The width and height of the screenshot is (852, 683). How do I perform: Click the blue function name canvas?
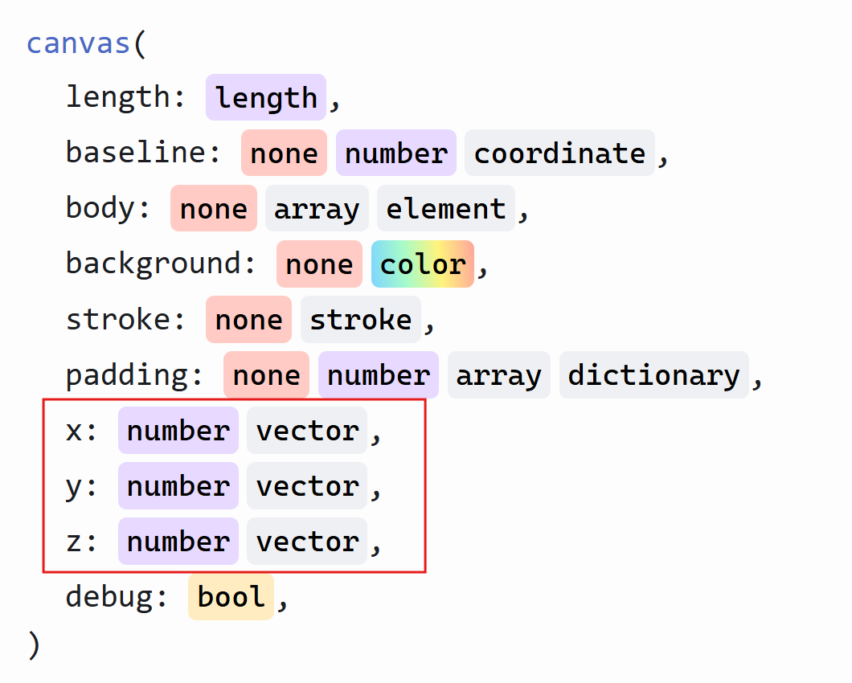[78, 43]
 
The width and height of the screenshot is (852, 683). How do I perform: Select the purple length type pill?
[266, 98]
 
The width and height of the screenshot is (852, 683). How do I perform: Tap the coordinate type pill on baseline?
[559, 153]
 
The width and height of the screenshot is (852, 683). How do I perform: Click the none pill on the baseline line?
[285, 153]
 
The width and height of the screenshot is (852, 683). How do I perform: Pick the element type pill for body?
[446, 209]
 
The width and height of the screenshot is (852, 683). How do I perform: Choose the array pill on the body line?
[317, 209]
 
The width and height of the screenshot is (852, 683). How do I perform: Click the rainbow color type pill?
[423, 264]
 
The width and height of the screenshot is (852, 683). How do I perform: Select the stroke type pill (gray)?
[361, 320]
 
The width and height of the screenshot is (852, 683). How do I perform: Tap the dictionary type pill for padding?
[654, 375]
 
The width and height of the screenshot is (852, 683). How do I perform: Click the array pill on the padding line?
[499, 375]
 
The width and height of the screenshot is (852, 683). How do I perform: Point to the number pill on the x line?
[178, 431]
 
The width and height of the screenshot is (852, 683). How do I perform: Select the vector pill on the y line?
[307, 486]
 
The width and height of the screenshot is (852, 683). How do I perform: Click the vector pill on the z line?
[307, 542]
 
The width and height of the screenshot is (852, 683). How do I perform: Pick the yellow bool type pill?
[231, 596]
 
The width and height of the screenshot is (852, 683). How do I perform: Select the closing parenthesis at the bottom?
[34, 645]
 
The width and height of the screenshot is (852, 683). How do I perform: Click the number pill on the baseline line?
[396, 153]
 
